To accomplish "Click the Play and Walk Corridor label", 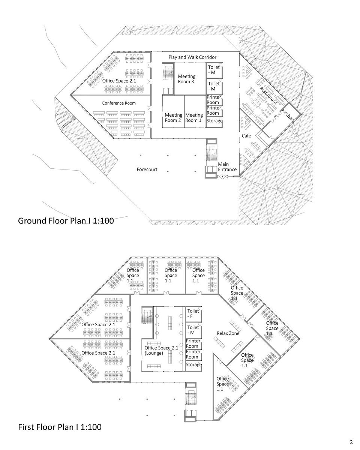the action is [x=192, y=57].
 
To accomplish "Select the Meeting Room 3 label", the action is [x=186, y=79].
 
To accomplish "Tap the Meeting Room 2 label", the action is [x=173, y=117].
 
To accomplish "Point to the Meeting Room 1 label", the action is [x=194, y=117].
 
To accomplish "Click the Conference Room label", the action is [x=119, y=103].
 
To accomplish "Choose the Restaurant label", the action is [x=268, y=95].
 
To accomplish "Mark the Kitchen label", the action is [x=288, y=115].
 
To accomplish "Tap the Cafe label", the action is [x=246, y=136].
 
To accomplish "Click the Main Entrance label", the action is [x=227, y=166].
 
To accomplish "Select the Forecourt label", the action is [x=147, y=169].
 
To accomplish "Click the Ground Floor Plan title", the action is [x=66, y=221].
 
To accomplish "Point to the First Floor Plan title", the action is [x=60, y=427].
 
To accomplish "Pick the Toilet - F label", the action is [x=193, y=313].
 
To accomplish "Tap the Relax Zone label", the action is [x=228, y=333].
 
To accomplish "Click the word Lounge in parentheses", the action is [x=154, y=353].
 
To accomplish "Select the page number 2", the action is [x=351, y=442].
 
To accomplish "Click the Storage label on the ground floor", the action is [x=214, y=121].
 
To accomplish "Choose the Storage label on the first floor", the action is [x=194, y=364].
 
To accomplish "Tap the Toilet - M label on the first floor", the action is [x=193, y=330].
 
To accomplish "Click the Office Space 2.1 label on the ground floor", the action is [x=119, y=81].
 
